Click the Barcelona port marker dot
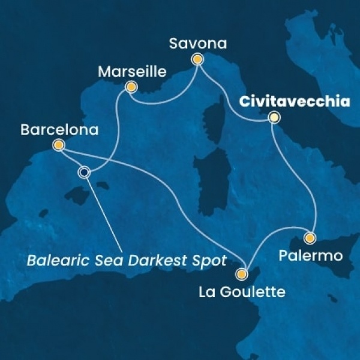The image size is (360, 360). click(58, 145)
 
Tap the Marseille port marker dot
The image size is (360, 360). click(129, 87)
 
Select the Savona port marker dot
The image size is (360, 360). click(197, 59)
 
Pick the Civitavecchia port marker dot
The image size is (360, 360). click(274, 118)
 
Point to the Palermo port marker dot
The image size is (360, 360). click(310, 238)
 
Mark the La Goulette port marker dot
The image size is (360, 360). click(242, 274)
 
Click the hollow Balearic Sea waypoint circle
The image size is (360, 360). click(84, 172)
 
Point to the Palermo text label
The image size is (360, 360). click(311, 256)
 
